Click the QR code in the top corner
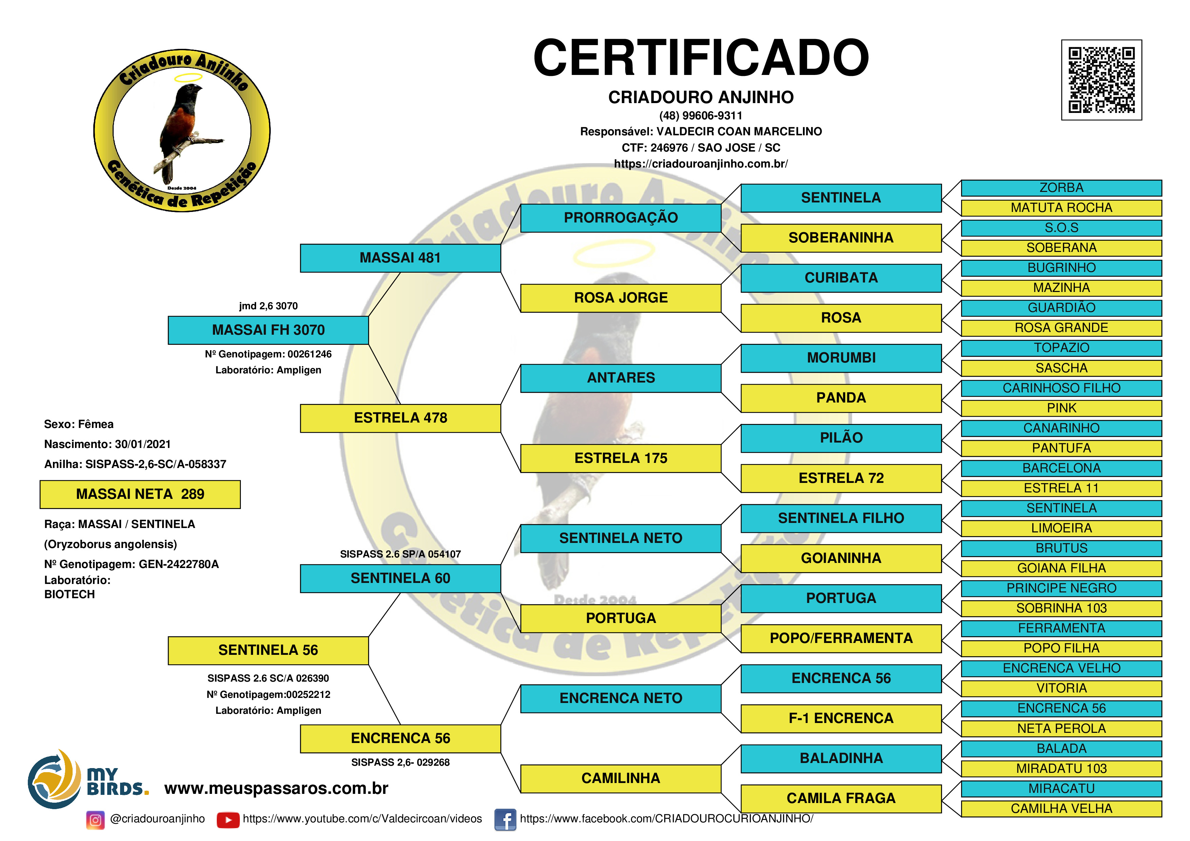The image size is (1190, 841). point(1101,80)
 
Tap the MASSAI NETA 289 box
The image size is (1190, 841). point(140,494)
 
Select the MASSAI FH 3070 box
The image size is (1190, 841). point(268,330)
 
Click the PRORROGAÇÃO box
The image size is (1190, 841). point(620,218)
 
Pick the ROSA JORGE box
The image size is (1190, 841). point(620,298)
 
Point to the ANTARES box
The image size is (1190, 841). point(620,378)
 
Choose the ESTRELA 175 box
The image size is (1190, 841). point(620,458)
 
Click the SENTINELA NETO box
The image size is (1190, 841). point(620,539)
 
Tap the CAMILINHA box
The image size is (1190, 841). point(620,778)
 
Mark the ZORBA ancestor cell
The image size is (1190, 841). point(1061,188)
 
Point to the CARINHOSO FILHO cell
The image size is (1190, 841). point(1061,388)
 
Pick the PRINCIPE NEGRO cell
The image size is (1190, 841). point(1061,588)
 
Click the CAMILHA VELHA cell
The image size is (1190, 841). point(1061,809)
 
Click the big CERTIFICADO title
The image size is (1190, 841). point(701,58)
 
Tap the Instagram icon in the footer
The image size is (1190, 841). point(95,820)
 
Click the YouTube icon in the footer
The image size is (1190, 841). point(228,820)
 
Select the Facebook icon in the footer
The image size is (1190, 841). point(505,820)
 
